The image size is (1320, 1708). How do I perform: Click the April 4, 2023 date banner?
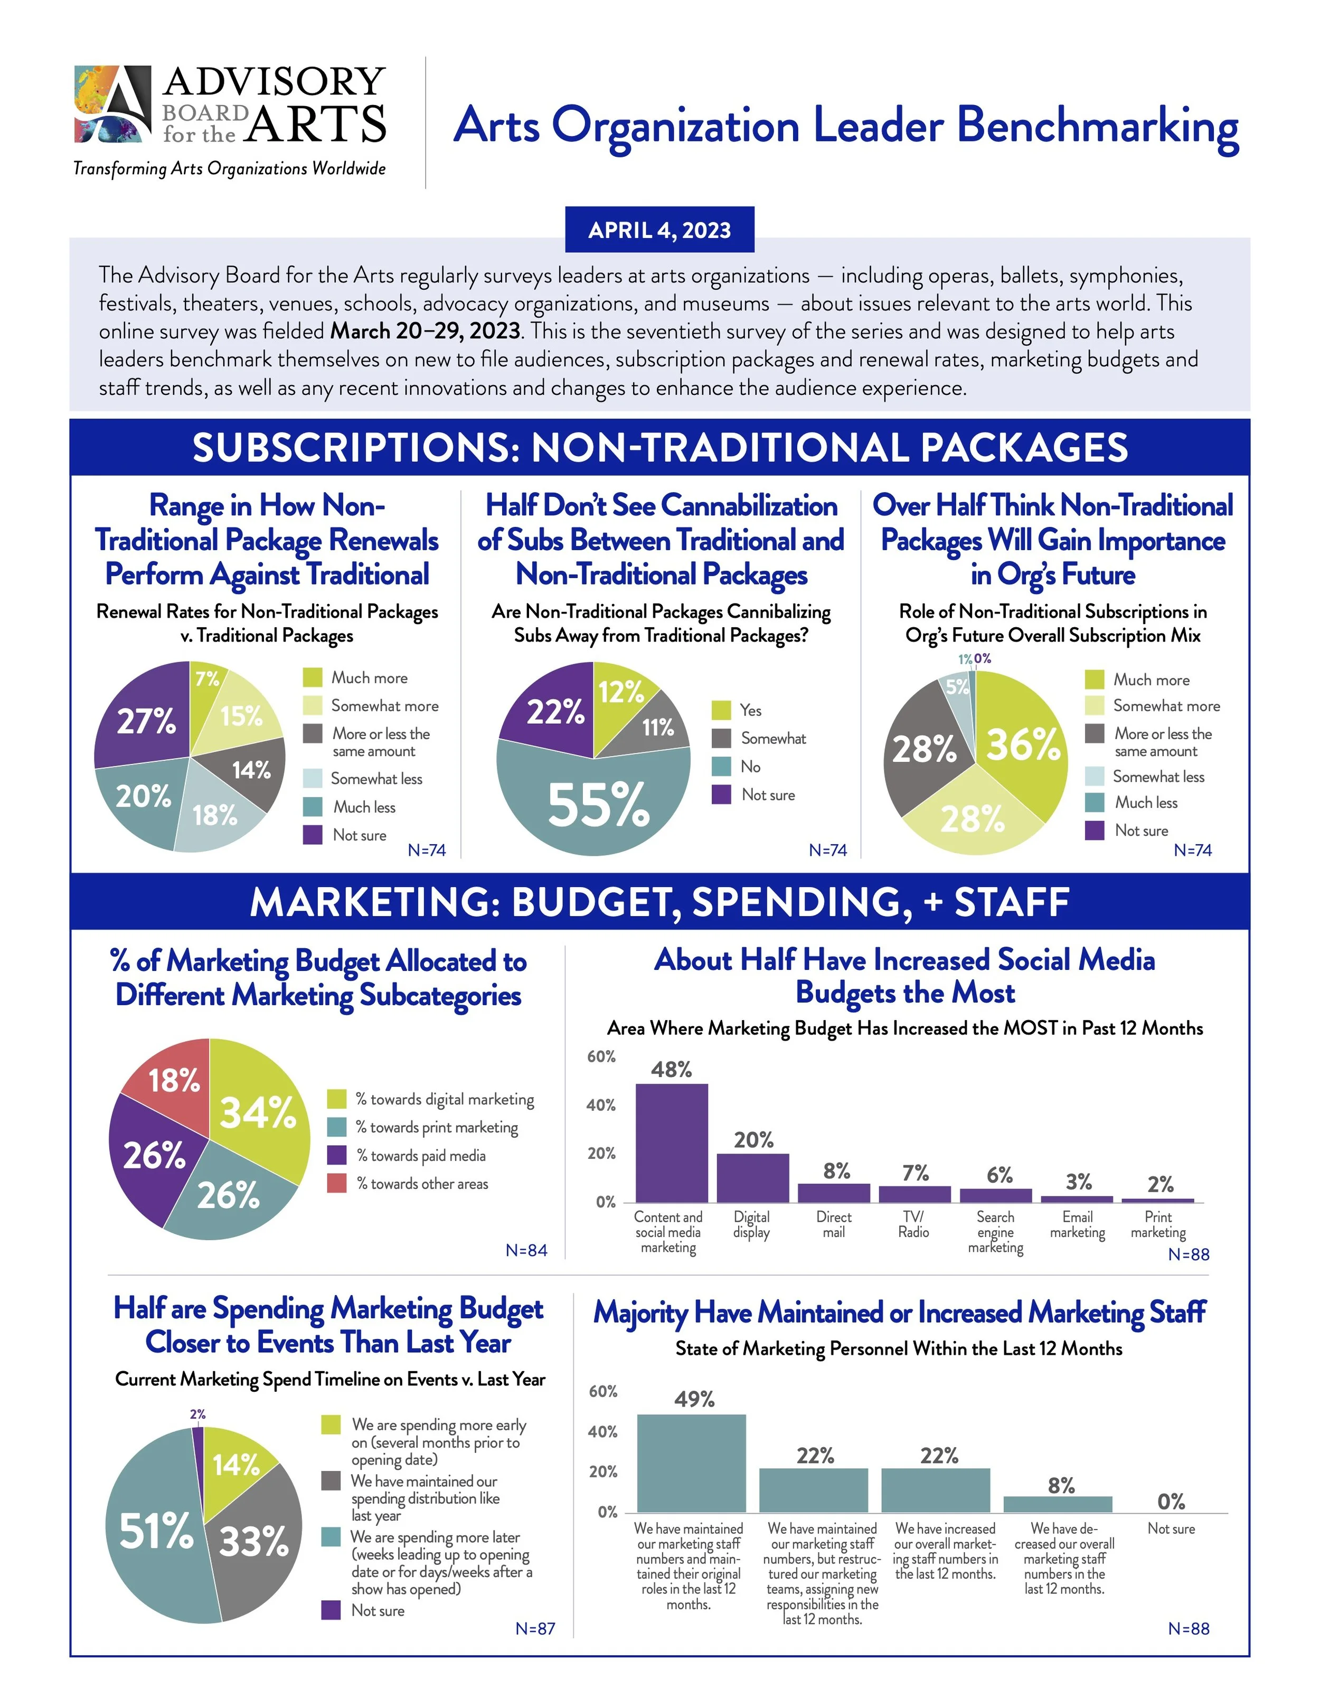tap(659, 230)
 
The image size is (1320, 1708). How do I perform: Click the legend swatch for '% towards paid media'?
tap(336, 1155)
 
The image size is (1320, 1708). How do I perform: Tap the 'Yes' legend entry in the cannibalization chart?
tap(750, 710)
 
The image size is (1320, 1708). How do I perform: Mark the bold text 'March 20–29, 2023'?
tap(425, 331)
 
